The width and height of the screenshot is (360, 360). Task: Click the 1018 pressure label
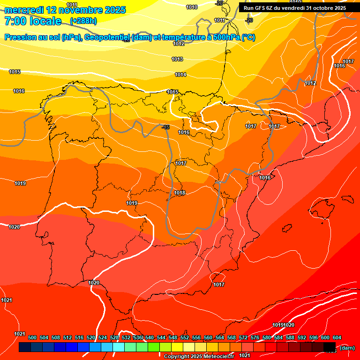tap(180, 193)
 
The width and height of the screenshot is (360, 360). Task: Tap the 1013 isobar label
tap(177, 59)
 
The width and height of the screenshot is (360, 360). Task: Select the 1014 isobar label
tap(180, 75)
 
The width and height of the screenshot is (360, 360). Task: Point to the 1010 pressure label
tap(192, 7)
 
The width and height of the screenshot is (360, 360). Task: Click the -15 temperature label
tap(165, 127)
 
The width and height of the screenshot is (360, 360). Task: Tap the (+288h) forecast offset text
tap(83, 21)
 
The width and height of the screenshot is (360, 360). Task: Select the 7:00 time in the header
tap(15, 21)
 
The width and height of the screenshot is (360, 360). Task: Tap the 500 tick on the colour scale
tap(32, 337)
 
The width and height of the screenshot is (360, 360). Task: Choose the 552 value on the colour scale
tap(185, 337)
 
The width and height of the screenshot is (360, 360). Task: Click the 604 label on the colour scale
tap(337, 337)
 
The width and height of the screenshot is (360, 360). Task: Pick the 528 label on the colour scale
tap(114, 337)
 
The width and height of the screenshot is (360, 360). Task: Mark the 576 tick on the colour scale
tap(255, 337)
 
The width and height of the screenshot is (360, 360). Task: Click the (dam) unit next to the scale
tap(347, 347)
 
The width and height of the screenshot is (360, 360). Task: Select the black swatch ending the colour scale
tap(330, 347)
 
